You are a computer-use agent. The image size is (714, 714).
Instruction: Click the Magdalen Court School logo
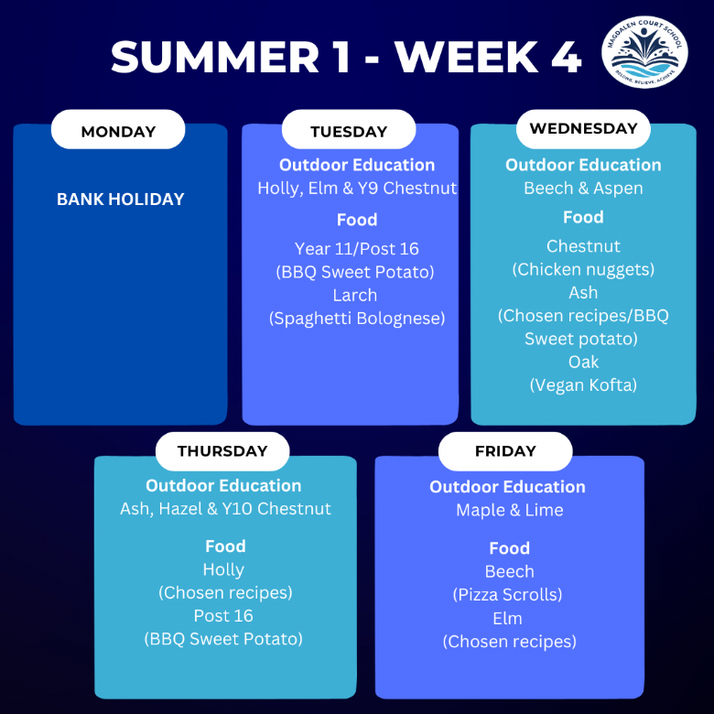644,52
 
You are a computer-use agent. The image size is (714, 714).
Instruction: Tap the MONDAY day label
118,132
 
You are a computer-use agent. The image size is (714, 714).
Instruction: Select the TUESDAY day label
349,132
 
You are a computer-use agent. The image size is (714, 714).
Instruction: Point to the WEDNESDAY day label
583,128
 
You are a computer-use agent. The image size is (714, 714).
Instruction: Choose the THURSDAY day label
222,450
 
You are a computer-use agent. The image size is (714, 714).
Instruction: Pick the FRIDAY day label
505,450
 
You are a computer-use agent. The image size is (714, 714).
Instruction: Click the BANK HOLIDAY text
121,199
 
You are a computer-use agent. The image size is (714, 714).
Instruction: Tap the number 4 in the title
566,57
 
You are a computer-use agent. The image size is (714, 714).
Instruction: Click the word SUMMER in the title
215,57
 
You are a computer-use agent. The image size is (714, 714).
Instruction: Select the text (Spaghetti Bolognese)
357,319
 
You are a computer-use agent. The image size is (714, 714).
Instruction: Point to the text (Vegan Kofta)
583,385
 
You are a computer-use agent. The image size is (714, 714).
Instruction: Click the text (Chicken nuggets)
583,269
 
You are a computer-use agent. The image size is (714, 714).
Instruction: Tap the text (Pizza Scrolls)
508,595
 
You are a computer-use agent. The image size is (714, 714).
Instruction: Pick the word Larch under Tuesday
355,295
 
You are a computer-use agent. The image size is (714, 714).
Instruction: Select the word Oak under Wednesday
583,362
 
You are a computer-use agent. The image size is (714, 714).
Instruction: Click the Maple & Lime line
510,510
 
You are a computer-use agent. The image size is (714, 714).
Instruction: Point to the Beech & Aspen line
583,188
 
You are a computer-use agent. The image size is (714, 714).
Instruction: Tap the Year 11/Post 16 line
357,249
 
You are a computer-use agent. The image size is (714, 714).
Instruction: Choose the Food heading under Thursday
225,546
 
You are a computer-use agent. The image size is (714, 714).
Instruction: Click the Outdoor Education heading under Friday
508,487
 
